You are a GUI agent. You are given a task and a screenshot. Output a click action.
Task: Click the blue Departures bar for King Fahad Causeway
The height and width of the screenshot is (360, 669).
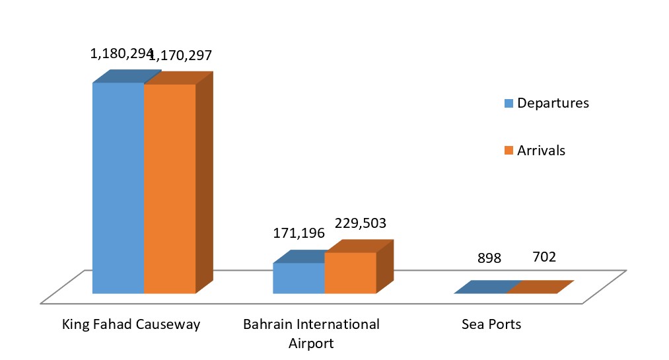click(118, 188)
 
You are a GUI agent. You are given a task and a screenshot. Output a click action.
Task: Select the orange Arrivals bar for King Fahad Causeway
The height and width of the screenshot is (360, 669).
click(170, 188)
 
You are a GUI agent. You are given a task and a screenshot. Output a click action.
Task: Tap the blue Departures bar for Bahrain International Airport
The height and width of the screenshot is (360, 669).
click(299, 278)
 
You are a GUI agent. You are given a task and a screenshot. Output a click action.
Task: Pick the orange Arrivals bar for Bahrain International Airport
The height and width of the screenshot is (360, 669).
click(350, 273)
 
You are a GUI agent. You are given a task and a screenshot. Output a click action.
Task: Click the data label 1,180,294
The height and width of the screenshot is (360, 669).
click(121, 54)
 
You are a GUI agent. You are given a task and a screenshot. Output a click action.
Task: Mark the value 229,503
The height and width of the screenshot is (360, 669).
click(359, 224)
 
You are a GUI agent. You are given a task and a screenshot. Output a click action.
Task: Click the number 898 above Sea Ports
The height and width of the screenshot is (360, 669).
click(489, 258)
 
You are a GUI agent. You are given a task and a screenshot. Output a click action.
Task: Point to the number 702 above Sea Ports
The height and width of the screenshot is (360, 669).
click(544, 256)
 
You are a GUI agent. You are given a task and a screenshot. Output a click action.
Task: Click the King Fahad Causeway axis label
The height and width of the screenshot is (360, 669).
click(131, 324)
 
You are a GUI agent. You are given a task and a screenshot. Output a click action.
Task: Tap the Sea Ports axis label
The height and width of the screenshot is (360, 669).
click(491, 324)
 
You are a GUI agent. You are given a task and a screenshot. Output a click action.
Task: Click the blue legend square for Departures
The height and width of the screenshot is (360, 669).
click(509, 104)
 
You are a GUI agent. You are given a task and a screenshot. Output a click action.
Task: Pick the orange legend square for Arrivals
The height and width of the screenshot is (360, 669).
click(509, 151)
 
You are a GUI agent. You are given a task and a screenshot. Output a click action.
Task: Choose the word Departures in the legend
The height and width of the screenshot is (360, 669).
click(553, 104)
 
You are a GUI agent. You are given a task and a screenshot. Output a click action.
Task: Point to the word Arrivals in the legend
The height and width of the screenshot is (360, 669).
click(541, 151)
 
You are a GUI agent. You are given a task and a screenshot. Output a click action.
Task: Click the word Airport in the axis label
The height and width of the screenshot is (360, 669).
click(311, 343)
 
